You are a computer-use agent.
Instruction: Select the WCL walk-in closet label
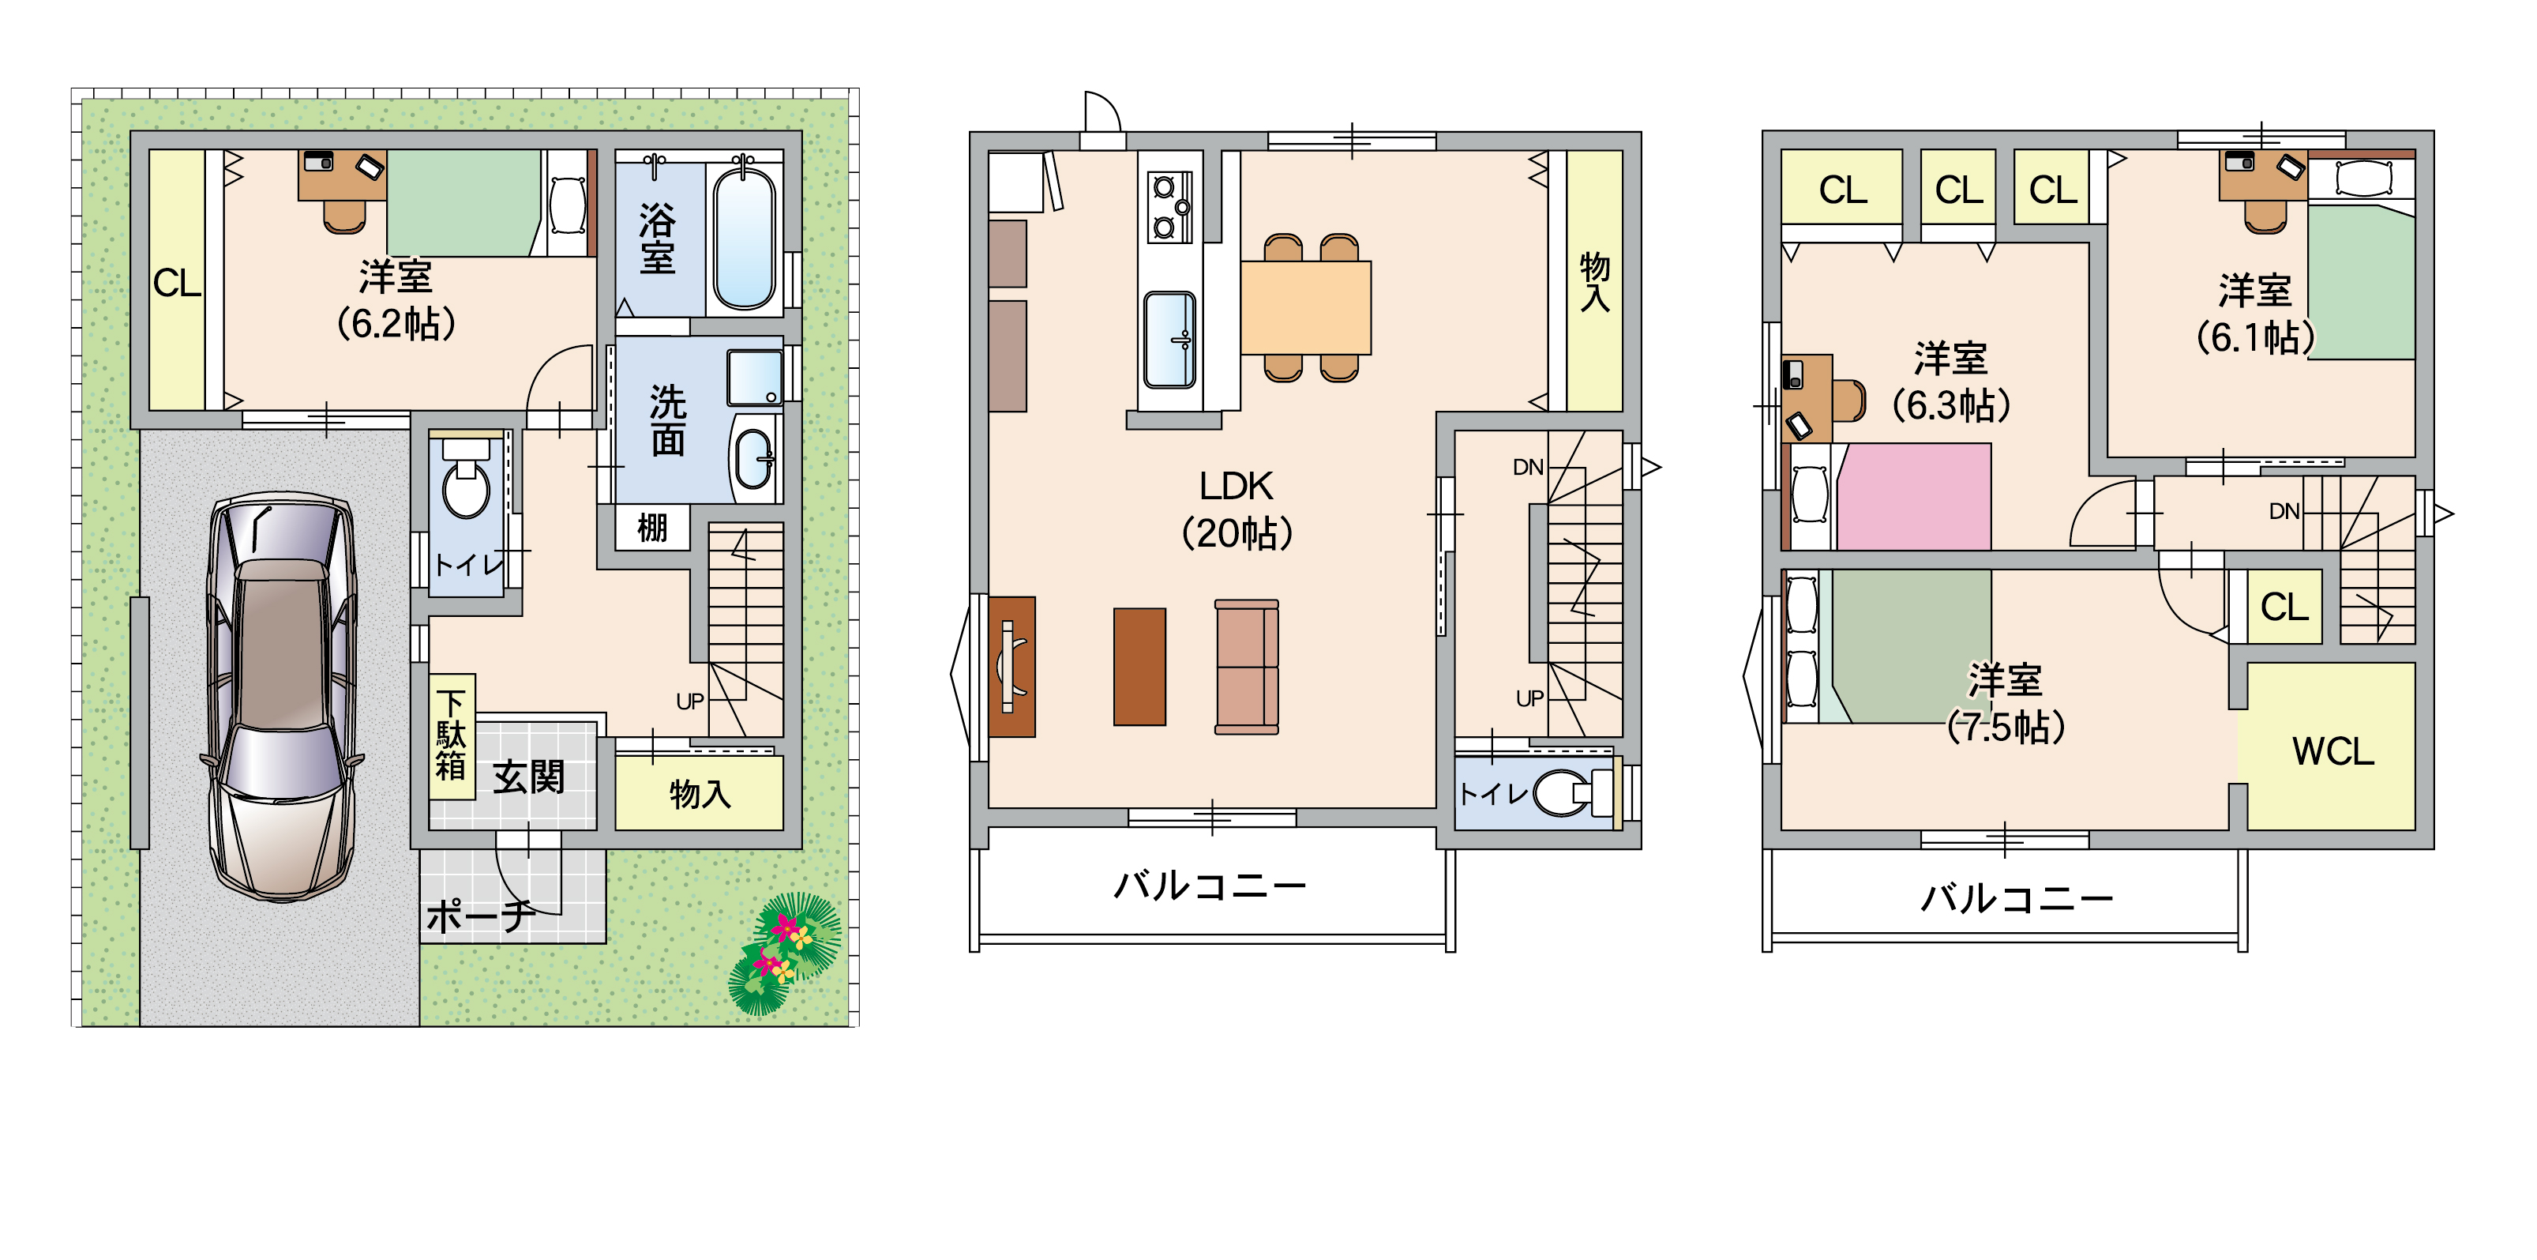click(x=2332, y=752)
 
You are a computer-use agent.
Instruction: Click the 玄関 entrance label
click(x=529, y=777)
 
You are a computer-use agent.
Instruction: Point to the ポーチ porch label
click(x=481, y=916)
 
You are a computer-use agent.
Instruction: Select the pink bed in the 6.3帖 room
click(x=1913, y=497)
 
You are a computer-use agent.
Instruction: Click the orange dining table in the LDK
click(x=1306, y=307)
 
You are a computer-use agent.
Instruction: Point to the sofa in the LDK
click(x=1247, y=667)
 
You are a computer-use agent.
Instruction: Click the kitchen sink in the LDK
click(x=1169, y=340)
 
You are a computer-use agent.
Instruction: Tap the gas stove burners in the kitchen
click(x=1170, y=207)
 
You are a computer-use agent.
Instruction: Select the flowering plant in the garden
click(x=785, y=953)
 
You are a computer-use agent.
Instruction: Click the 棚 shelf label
click(x=652, y=527)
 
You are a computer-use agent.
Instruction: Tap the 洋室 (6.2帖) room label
click(x=396, y=299)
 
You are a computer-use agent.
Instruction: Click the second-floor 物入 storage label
click(x=1594, y=282)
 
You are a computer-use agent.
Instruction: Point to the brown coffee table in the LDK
click(x=1139, y=667)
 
